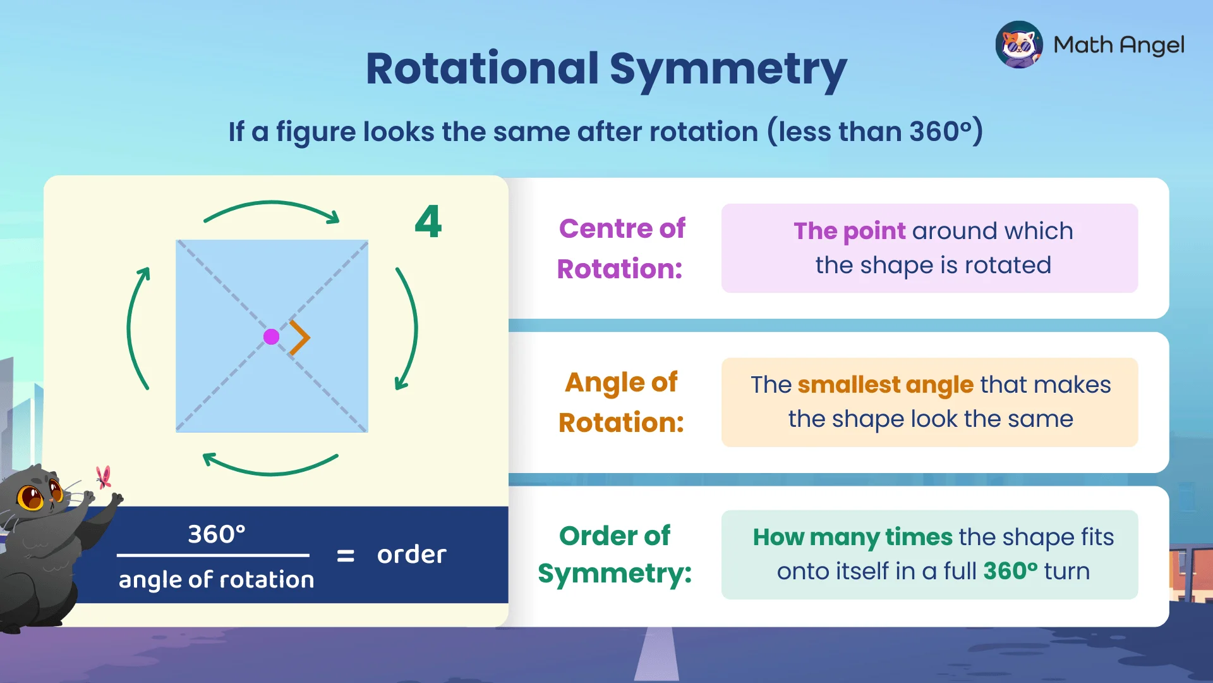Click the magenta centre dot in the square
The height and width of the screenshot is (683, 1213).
pyautogui.click(x=271, y=336)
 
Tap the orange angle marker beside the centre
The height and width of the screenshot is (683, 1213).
pyautogui.click(x=301, y=337)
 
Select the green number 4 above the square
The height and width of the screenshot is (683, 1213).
pyautogui.click(x=428, y=222)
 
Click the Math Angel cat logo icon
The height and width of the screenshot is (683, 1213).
pyautogui.click(x=1018, y=44)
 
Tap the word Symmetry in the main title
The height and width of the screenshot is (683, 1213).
pyautogui.click(x=727, y=69)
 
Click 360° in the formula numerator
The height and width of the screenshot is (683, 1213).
pyautogui.click(x=216, y=534)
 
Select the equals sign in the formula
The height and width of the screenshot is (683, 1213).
pyautogui.click(x=345, y=555)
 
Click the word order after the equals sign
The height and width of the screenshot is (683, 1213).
pyautogui.click(x=411, y=555)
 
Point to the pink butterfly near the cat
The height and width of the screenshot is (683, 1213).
pyautogui.click(x=104, y=477)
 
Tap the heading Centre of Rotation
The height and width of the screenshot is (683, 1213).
pyautogui.click(x=621, y=249)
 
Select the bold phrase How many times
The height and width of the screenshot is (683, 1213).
pyautogui.click(x=852, y=537)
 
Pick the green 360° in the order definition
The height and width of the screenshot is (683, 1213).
pyautogui.click(x=1010, y=571)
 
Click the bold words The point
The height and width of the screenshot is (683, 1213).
pyautogui.click(x=849, y=231)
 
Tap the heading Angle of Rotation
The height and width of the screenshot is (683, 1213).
pyautogui.click(x=621, y=402)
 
